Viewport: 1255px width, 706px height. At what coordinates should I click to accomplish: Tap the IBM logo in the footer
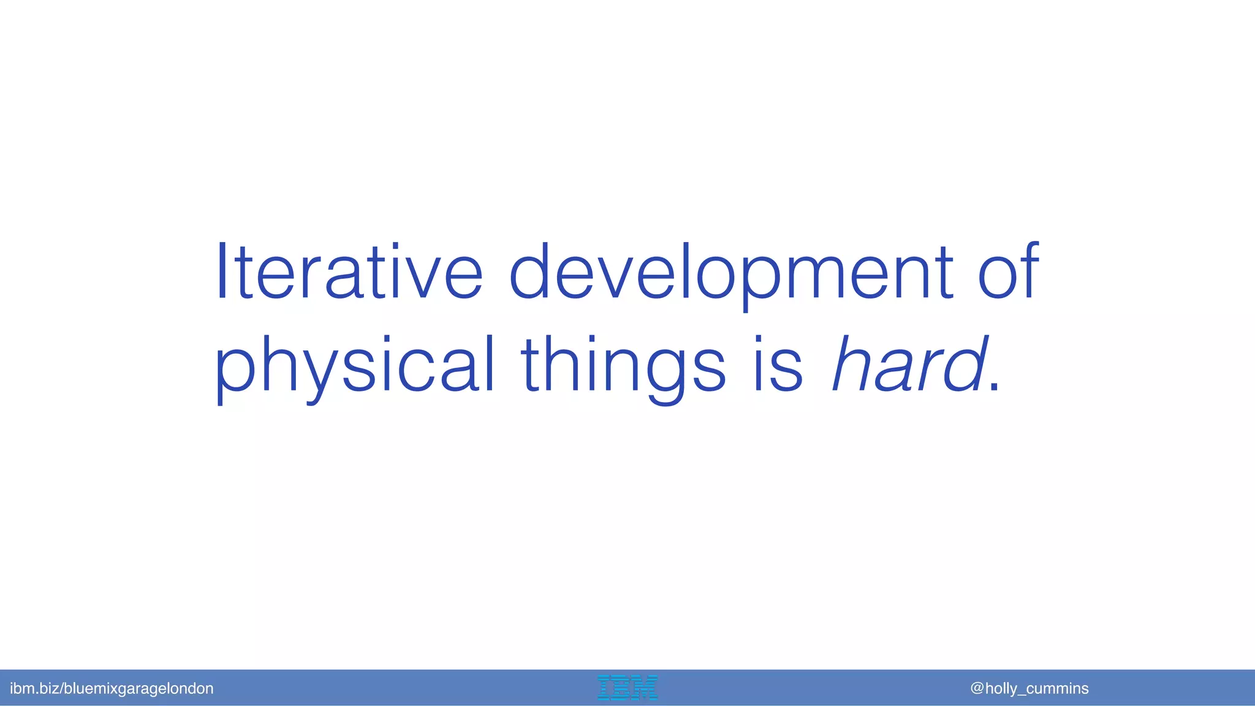627,688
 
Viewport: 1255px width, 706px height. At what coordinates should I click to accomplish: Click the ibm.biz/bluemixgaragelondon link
112,688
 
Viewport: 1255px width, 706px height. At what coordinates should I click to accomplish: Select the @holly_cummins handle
1029,688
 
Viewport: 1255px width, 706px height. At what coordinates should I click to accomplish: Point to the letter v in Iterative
420,279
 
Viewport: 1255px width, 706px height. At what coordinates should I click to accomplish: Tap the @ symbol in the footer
977,688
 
